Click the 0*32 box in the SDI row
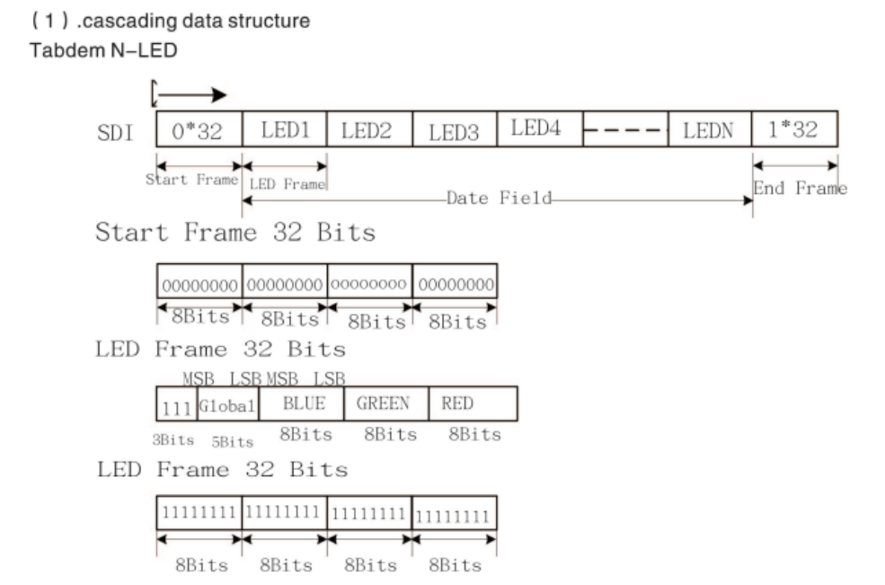(x=199, y=130)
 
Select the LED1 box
(x=284, y=130)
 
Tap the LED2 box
(x=368, y=130)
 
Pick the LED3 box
(x=454, y=131)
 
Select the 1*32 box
(x=794, y=130)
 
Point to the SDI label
(x=114, y=134)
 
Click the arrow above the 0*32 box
(x=190, y=93)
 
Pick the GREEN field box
(x=385, y=404)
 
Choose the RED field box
(x=472, y=404)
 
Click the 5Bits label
(x=232, y=441)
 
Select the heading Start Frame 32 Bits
(x=235, y=234)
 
